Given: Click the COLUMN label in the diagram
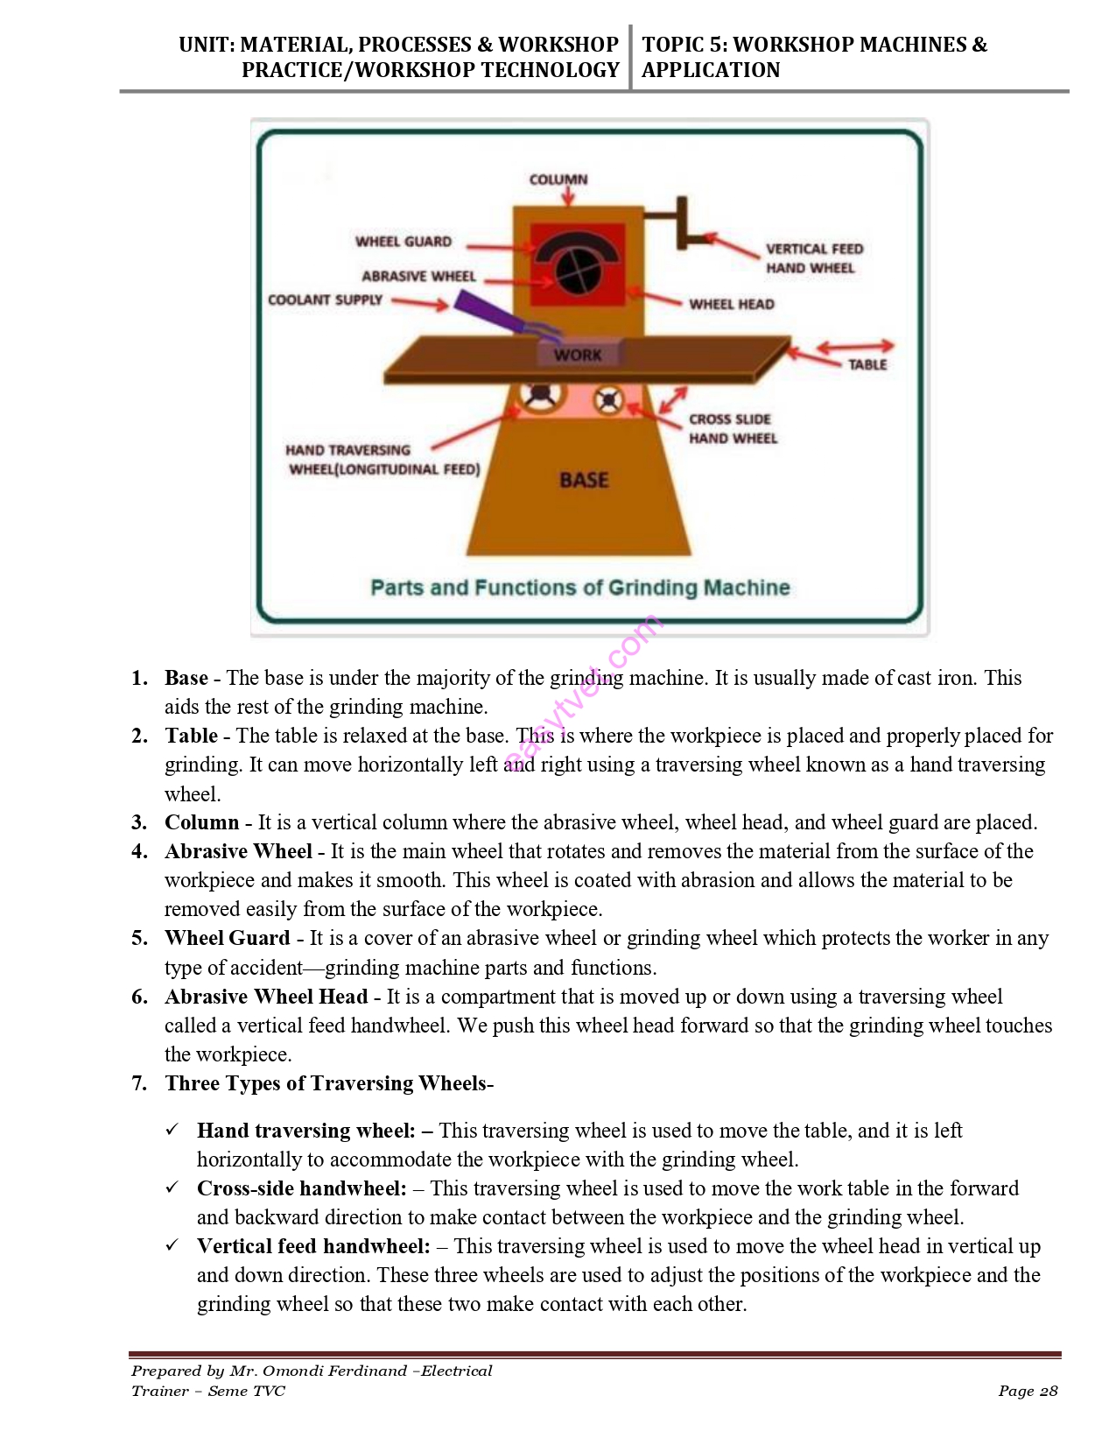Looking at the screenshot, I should [x=558, y=180].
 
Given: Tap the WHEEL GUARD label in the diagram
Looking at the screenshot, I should [x=404, y=242].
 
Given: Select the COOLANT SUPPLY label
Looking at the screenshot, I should [x=325, y=300].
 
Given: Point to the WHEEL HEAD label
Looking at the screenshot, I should [x=732, y=304].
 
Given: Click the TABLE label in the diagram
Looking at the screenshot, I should [x=867, y=364].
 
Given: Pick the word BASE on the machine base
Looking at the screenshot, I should [x=584, y=480].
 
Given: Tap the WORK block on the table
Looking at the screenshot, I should [x=578, y=355].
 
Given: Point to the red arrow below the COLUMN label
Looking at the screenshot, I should [x=568, y=197].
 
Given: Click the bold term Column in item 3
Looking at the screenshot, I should [x=201, y=822].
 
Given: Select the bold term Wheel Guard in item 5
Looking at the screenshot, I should [x=227, y=938].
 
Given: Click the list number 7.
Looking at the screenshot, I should [x=139, y=1083].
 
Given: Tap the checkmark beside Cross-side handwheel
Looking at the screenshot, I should [x=172, y=1188].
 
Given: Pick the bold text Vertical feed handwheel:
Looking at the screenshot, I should [x=313, y=1246].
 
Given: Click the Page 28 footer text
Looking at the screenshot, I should [x=1028, y=1391].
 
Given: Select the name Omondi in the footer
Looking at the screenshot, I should [x=298, y=1371].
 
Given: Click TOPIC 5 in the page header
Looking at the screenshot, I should [x=684, y=45].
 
